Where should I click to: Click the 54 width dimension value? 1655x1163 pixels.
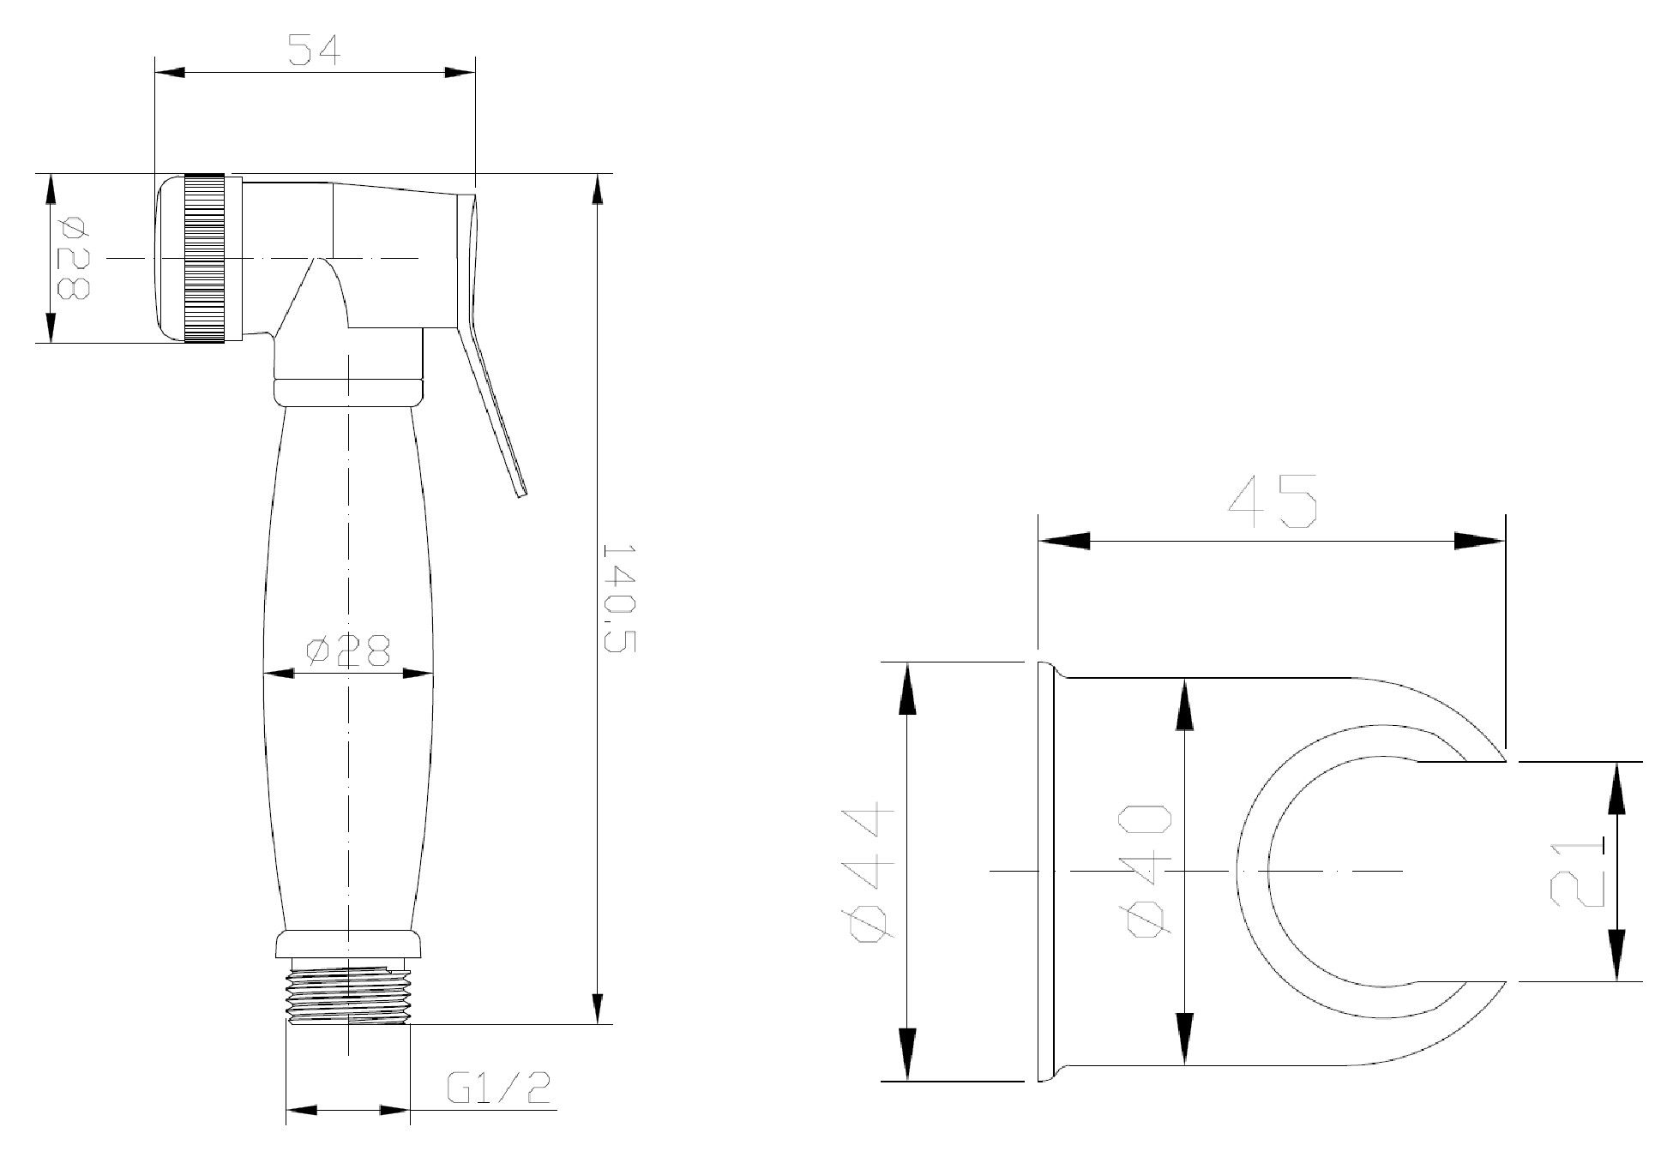314,51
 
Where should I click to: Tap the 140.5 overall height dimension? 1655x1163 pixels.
619,597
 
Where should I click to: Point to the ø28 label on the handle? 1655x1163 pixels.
348,651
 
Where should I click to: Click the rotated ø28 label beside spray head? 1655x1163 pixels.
73,257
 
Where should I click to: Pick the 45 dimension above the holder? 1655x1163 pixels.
1273,502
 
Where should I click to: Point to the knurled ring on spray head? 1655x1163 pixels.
204,259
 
